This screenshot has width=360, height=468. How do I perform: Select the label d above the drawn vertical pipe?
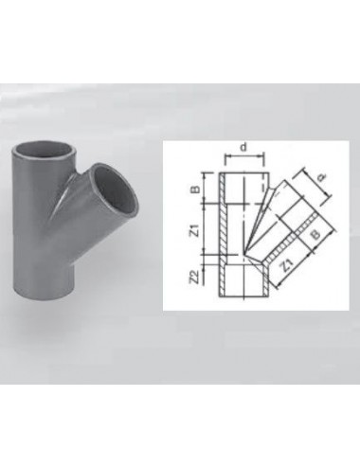pos(243,147)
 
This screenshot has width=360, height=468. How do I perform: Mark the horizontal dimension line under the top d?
pos(243,157)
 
